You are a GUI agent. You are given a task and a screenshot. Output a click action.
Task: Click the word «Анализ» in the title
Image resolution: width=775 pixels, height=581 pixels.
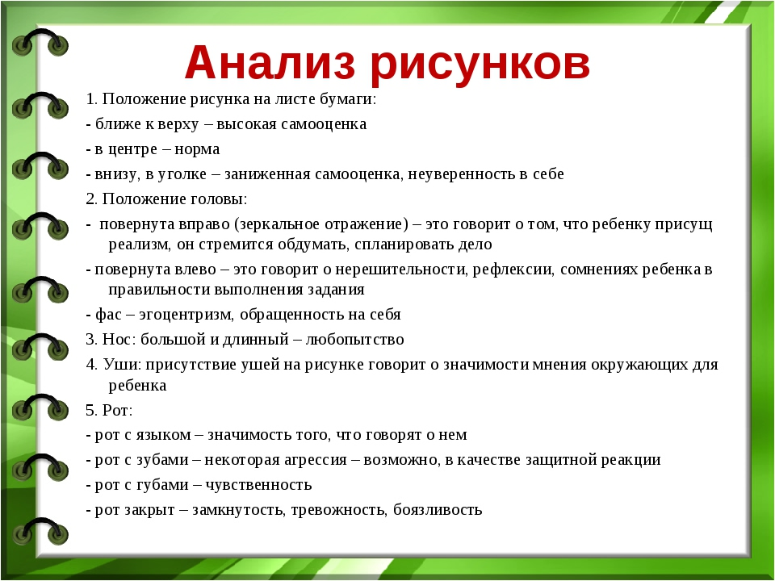click(270, 62)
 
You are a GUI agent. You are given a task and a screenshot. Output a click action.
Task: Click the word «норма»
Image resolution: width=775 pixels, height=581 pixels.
click(197, 149)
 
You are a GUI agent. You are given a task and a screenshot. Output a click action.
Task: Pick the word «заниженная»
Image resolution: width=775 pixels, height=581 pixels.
click(267, 174)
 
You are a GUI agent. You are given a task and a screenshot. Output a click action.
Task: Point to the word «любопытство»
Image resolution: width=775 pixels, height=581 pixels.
click(355, 340)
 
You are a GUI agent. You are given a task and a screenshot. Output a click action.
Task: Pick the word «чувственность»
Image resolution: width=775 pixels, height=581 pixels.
click(258, 485)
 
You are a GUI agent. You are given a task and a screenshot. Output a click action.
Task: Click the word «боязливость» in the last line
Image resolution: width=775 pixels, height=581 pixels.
click(438, 510)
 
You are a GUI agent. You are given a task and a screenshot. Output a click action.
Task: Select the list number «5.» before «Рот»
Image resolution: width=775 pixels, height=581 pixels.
click(91, 410)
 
